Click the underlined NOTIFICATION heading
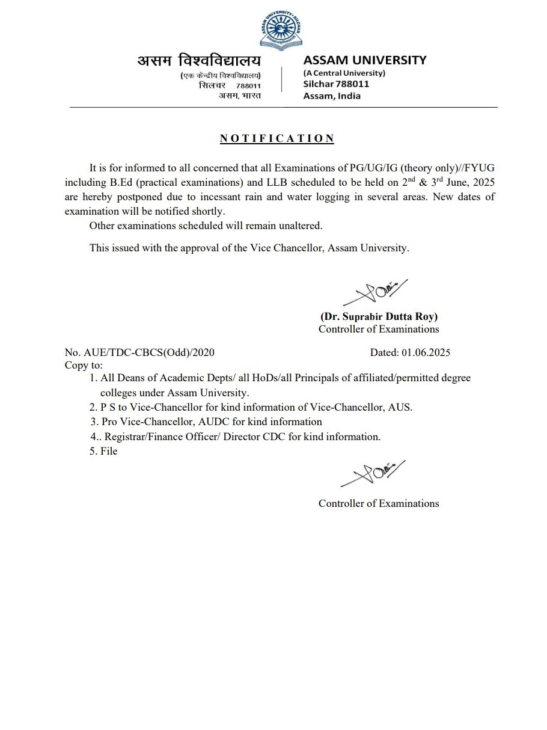[277, 139]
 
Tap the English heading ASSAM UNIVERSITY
[365, 60]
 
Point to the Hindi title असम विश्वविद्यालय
[200, 61]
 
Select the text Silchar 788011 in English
[336, 84]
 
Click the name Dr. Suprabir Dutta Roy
[379, 317]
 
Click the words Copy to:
[84, 365]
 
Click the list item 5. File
[104, 451]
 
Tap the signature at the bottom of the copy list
[373, 473]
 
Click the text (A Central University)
[344, 73]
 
